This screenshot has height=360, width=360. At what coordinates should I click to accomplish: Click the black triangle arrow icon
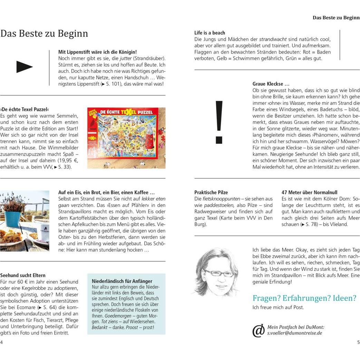tap(24, 67)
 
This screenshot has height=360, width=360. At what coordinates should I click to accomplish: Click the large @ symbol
tap(258, 330)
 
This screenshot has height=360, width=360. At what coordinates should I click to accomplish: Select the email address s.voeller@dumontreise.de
tap(294, 333)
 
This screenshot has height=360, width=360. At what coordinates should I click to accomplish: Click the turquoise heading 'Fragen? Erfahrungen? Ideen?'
tap(304, 298)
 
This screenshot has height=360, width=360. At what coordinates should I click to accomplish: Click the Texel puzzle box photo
tap(126, 138)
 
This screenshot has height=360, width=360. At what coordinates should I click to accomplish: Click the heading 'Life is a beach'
tap(210, 33)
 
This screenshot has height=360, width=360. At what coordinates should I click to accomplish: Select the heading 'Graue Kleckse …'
tap(271, 84)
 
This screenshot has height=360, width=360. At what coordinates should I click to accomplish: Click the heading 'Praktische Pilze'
tap(211, 192)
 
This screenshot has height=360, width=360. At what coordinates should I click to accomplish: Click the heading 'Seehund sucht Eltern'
tap(23, 275)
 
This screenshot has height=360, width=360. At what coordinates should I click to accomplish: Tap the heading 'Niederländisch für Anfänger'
tap(122, 281)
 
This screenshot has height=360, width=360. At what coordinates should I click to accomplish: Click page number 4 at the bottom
tap(2, 342)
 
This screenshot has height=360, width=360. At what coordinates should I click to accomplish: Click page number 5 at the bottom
tap(358, 342)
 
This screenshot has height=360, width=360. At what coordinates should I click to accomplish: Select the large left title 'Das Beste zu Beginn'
tap(44, 33)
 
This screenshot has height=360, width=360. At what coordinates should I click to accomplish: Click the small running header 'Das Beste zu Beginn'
tap(336, 18)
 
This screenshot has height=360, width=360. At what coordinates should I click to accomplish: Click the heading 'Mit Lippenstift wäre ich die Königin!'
tap(98, 52)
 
